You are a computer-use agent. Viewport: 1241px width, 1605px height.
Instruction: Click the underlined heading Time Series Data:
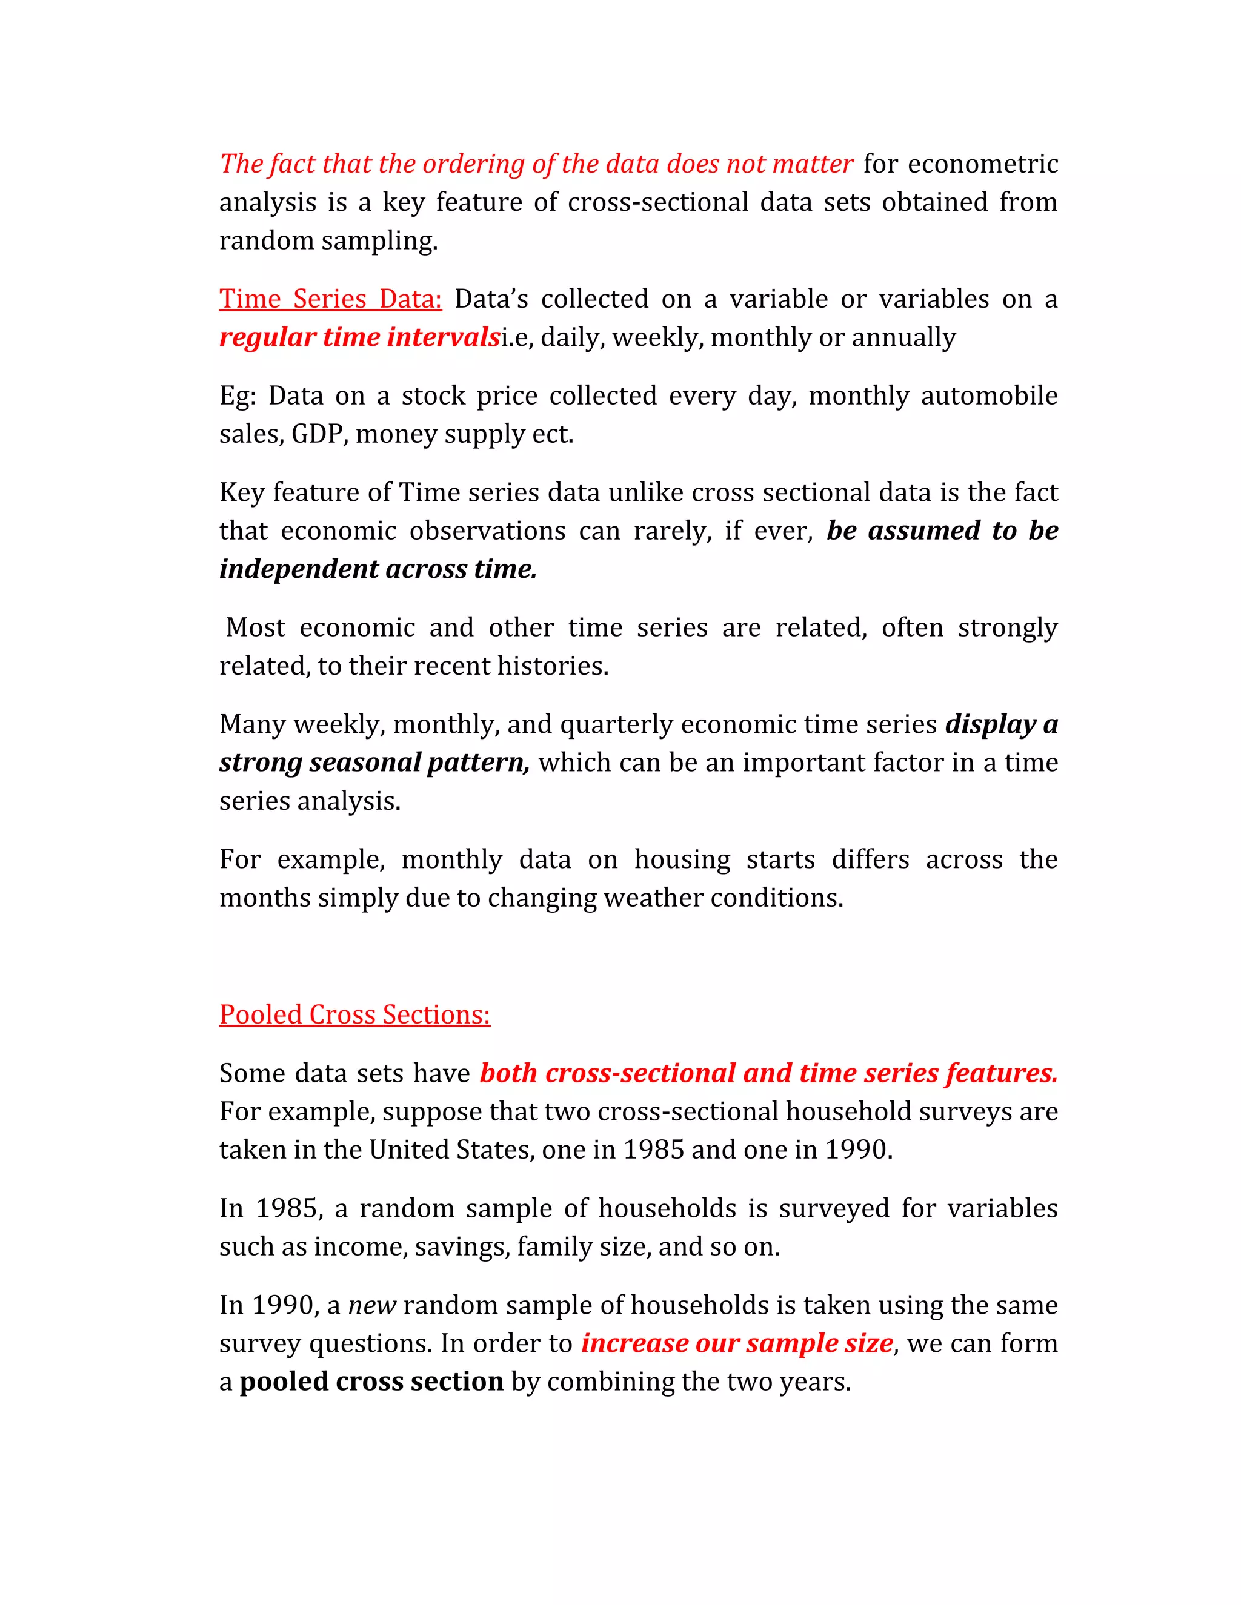(x=330, y=299)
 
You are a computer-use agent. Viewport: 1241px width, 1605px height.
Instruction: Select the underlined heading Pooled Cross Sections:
(x=354, y=1015)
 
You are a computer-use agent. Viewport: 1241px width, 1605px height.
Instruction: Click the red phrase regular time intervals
(x=359, y=337)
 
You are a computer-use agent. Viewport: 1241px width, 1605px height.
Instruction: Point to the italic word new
(x=372, y=1305)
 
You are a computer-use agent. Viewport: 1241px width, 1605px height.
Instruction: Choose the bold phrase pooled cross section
(x=371, y=1382)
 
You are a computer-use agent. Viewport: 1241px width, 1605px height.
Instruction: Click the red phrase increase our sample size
(x=737, y=1343)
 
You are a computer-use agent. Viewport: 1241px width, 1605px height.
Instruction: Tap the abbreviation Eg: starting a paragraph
(x=238, y=396)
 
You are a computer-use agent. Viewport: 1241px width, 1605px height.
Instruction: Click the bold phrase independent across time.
(x=378, y=569)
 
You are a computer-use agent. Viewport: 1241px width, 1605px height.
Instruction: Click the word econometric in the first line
(x=982, y=164)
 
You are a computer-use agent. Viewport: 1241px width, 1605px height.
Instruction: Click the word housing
(x=682, y=860)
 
